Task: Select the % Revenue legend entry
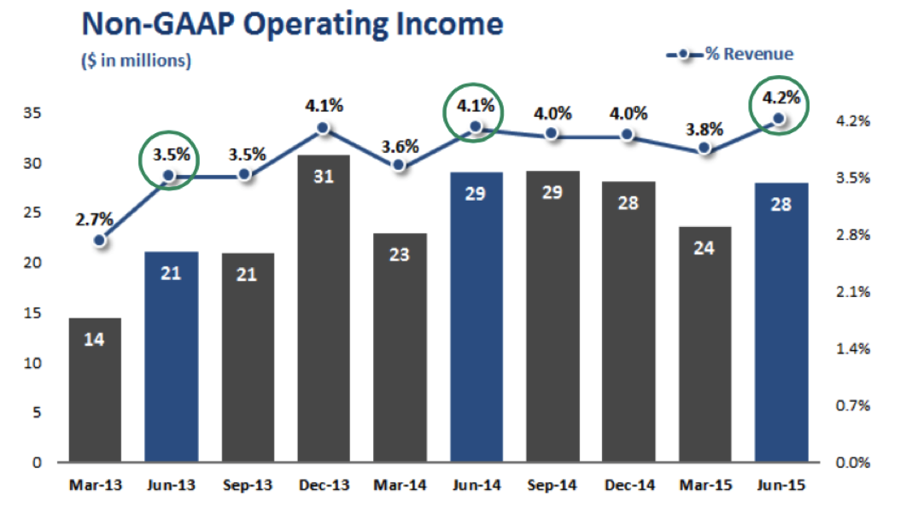730,54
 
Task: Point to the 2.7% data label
94,219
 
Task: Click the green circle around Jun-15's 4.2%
777,104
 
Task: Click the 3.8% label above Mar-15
704,131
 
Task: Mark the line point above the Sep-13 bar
245,174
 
